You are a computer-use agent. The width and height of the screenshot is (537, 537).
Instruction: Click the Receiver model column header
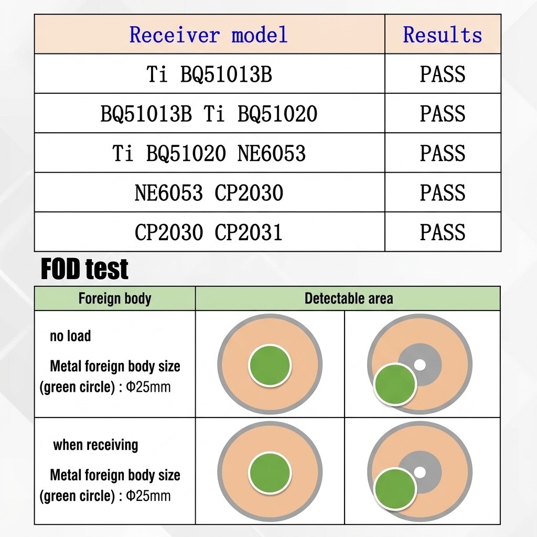[x=208, y=35]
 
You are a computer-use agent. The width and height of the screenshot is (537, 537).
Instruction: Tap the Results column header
[x=443, y=35]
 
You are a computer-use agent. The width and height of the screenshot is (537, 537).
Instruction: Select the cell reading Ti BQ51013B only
[x=209, y=74]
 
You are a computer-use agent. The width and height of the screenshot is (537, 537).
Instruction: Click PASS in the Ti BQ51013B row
[x=443, y=74]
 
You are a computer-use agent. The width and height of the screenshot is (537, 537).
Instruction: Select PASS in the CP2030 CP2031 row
[x=443, y=232]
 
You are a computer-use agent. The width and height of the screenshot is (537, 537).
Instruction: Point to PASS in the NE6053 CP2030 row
[x=443, y=192]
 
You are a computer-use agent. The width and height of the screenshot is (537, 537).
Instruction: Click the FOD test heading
[x=84, y=269]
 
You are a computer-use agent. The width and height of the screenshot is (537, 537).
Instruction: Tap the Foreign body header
[x=115, y=298]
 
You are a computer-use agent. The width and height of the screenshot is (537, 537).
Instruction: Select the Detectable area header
[x=349, y=298]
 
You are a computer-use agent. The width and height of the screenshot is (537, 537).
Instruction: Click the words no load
[x=71, y=336]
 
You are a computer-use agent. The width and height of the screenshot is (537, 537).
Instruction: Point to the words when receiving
[x=95, y=445]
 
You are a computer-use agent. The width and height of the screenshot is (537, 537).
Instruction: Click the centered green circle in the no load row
[x=270, y=366]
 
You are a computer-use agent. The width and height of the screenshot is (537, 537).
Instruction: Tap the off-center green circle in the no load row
[x=395, y=384]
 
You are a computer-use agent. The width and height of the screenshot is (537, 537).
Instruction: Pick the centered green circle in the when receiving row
[x=270, y=472]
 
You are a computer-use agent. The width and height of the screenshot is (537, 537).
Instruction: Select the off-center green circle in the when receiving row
[x=395, y=489]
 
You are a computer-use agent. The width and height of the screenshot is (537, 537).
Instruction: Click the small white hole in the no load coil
[x=420, y=365]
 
